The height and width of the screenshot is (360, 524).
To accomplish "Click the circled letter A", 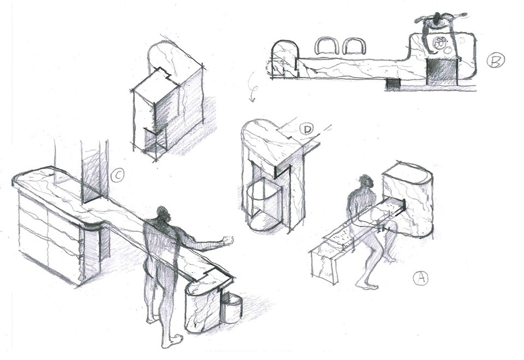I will click(x=420, y=278).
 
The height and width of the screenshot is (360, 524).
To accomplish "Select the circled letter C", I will click(x=117, y=175).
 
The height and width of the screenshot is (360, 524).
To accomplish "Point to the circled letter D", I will click(x=307, y=130).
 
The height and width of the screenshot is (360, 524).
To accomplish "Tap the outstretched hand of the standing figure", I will click(x=227, y=240).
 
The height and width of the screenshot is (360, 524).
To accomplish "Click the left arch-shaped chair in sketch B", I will click(x=326, y=46).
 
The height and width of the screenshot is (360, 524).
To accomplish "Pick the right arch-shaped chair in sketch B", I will click(x=354, y=46).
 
